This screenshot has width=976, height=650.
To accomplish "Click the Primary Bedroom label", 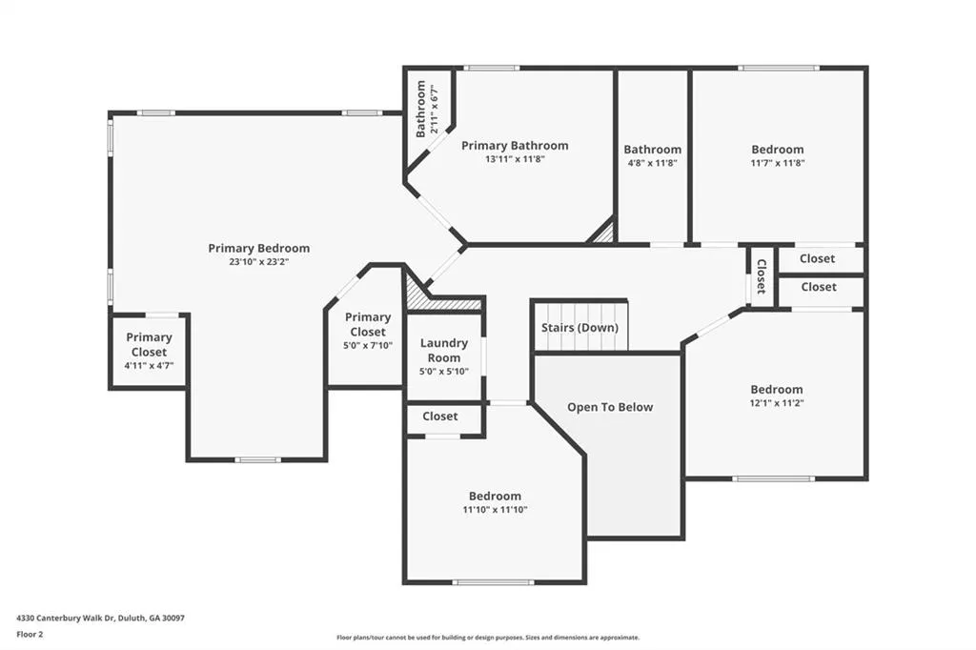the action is click(x=259, y=249).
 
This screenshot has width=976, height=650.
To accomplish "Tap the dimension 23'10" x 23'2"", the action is click(x=259, y=262).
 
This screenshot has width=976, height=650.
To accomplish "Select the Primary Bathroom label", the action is click(x=515, y=146).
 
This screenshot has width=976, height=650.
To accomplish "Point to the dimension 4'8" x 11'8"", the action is click(x=652, y=163).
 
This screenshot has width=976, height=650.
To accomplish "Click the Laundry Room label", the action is click(x=444, y=351).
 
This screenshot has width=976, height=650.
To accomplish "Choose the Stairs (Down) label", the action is click(x=579, y=328).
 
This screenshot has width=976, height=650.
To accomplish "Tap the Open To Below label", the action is click(x=610, y=407).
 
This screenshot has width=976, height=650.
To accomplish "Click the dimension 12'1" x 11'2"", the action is click(x=776, y=403).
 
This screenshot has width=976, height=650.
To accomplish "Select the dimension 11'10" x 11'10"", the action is click(x=495, y=509).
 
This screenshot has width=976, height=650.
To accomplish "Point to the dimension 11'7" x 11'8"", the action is click(x=778, y=163).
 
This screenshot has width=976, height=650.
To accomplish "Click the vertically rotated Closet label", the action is click(x=761, y=276).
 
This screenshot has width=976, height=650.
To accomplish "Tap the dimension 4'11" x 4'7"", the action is click(x=149, y=366).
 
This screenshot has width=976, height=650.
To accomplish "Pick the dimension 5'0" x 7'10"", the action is click(x=368, y=346).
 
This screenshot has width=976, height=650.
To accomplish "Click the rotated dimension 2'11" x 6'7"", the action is click(x=435, y=111).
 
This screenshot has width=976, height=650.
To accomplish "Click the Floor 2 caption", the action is click(x=30, y=635).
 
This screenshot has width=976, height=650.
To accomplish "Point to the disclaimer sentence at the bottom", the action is click(x=488, y=638).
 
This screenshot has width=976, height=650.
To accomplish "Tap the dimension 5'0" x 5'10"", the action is click(x=444, y=372).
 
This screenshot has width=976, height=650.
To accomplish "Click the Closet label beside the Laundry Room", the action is click(x=440, y=416).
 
